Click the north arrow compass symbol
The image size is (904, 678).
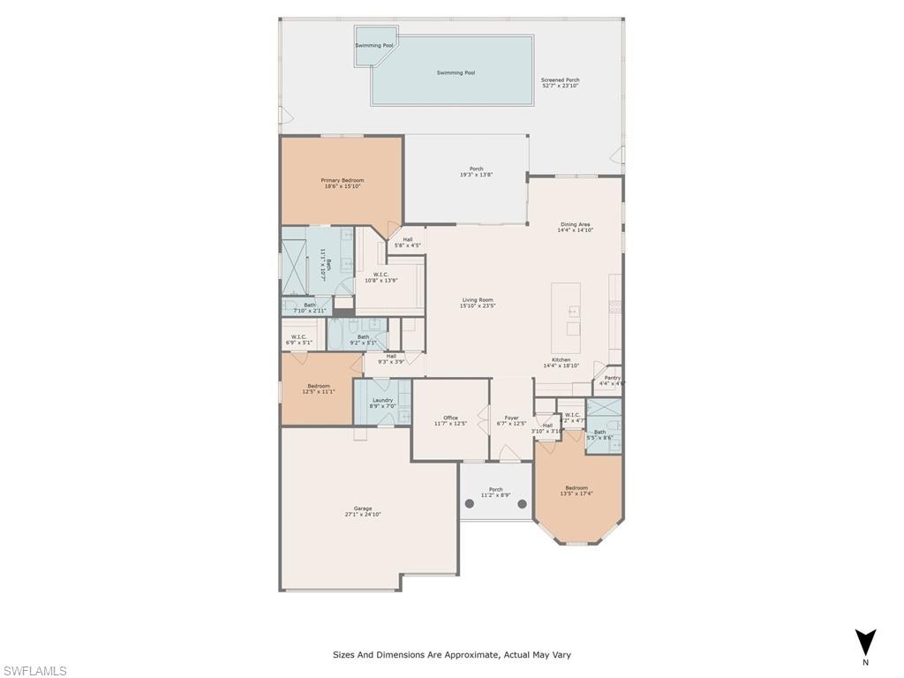866,642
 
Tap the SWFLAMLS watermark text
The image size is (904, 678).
34,671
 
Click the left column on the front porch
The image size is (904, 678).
470,504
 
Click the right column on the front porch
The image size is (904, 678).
522,504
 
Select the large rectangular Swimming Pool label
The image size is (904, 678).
456,72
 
